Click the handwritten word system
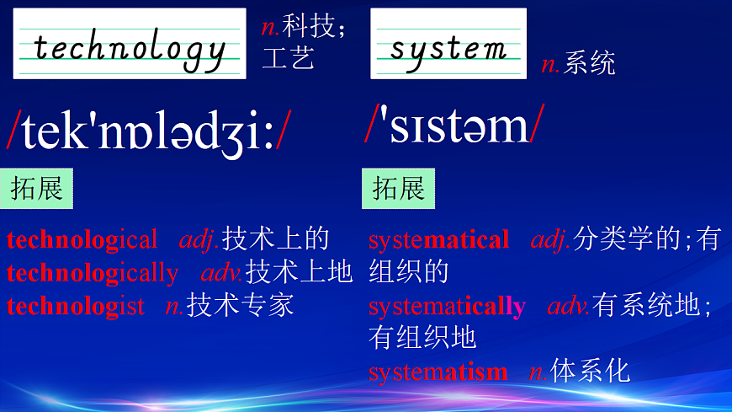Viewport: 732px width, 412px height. pyautogui.click(x=448, y=47)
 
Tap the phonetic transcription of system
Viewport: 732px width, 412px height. pyautogui.click(x=454, y=126)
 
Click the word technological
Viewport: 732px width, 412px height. pyautogui.click(x=82, y=240)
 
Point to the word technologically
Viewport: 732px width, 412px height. pyautogui.click(x=93, y=273)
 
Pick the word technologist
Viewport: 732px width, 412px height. pyautogui.click(x=75, y=305)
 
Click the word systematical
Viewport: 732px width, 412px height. pyautogui.click(x=438, y=240)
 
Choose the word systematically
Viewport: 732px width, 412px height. pyautogui.click(x=447, y=306)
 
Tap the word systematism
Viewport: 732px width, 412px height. pyautogui.click(x=438, y=371)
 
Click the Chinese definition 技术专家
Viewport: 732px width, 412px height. pyautogui.click(x=240, y=304)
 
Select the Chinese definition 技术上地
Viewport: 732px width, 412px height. pyautogui.click(x=299, y=272)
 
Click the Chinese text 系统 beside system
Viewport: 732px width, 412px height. pyautogui.click(x=590, y=63)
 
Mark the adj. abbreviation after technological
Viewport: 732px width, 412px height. pyautogui.click(x=199, y=240)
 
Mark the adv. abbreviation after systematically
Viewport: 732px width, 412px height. pyautogui.click(x=569, y=306)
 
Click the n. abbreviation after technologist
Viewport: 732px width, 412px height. pyautogui.click(x=174, y=305)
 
